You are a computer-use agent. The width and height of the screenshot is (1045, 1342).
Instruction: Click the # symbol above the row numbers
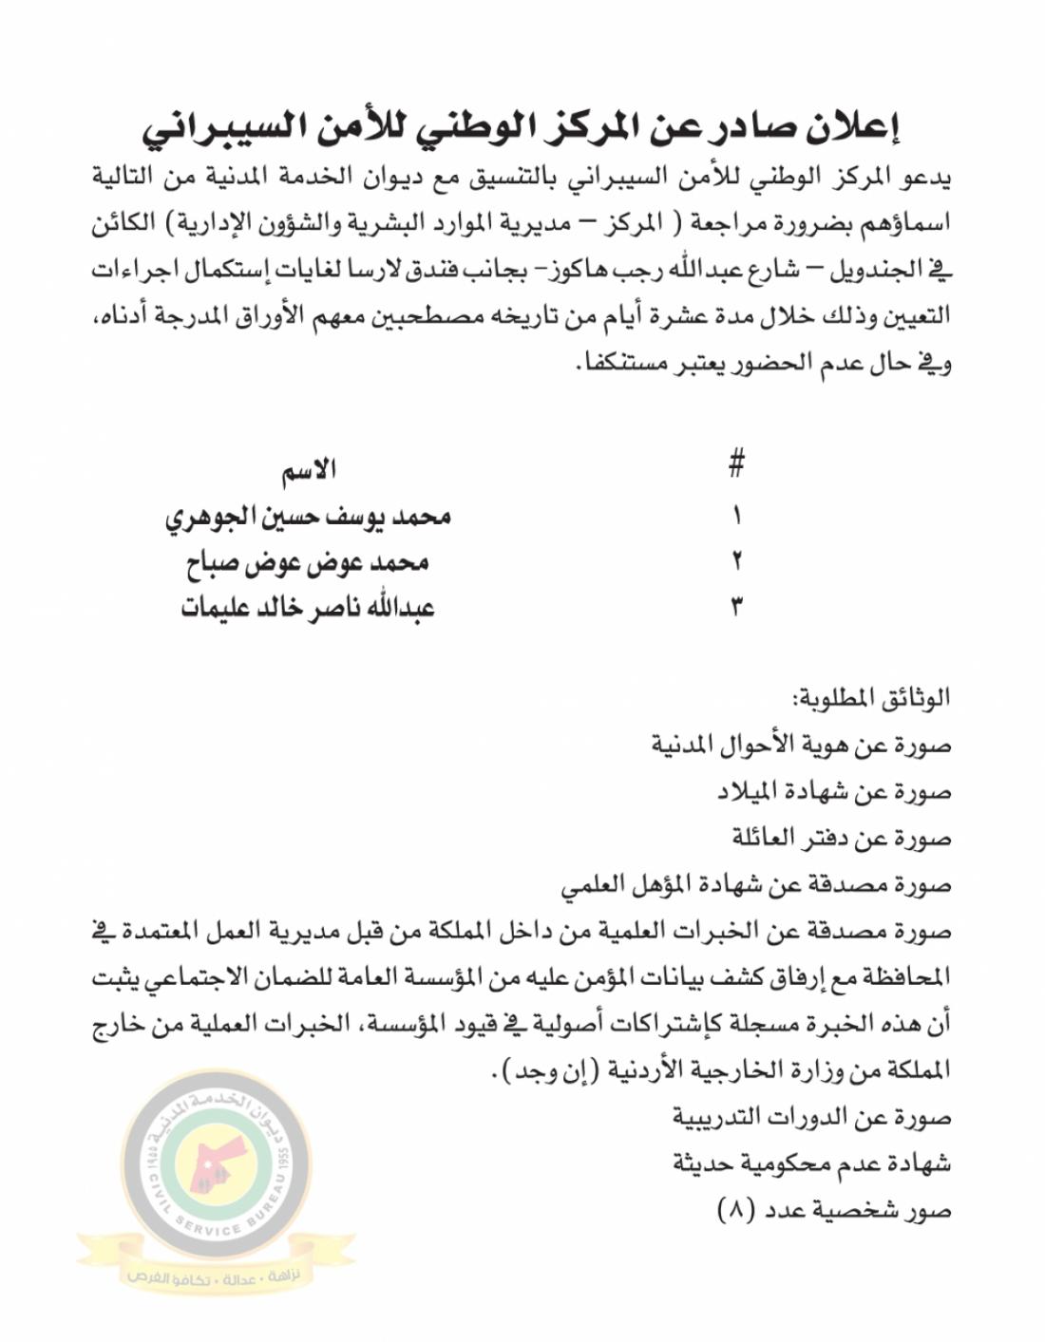(x=735, y=465)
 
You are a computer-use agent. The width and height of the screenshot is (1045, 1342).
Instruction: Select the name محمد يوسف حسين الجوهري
(x=307, y=516)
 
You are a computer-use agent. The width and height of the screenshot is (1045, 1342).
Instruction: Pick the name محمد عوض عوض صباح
(x=307, y=561)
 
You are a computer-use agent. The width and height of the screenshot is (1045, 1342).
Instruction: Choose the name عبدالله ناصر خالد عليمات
(x=307, y=608)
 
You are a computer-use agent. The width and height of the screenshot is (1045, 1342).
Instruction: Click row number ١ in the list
(x=736, y=516)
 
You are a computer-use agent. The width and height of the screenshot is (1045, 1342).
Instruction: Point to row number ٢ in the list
(x=736, y=561)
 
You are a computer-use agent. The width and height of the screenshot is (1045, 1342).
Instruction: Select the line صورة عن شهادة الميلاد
(x=833, y=791)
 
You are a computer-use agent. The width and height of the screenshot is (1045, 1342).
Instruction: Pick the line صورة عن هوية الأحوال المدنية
(x=801, y=745)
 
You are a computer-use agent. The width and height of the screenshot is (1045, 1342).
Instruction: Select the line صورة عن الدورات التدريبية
(x=812, y=1117)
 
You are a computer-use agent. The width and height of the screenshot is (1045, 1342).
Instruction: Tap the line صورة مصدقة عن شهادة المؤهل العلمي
(x=755, y=884)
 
